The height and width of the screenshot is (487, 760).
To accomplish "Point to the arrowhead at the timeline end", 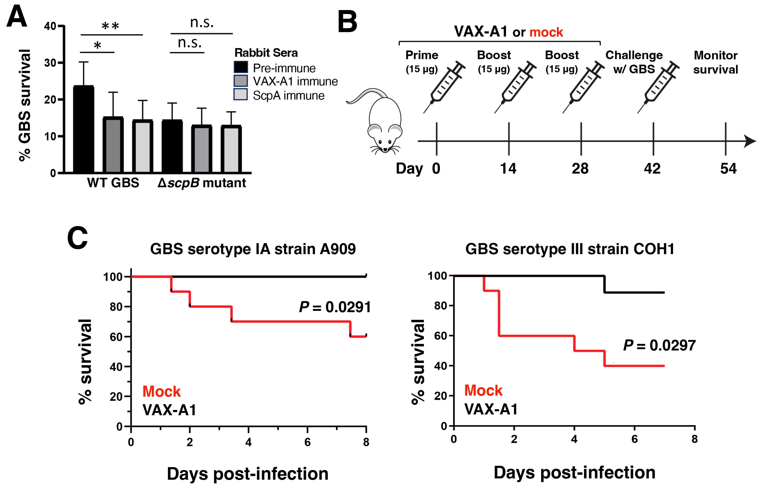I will pos(750,141).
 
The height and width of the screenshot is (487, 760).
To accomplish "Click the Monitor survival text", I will pos(715,62).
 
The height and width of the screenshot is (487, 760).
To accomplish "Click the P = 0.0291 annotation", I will pos(335,307).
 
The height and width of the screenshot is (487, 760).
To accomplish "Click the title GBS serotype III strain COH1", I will pos(570,249).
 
